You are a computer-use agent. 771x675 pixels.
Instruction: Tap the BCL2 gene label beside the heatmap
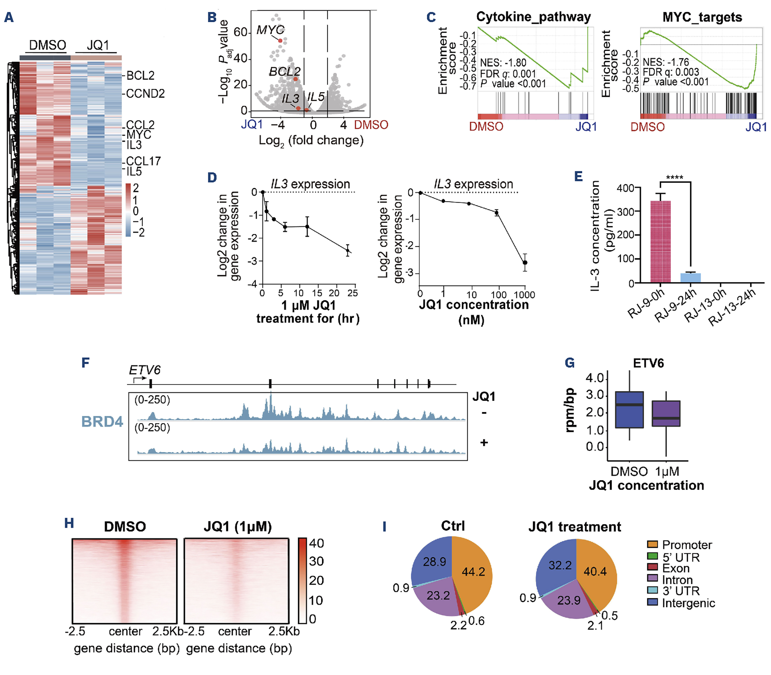click(x=140, y=76)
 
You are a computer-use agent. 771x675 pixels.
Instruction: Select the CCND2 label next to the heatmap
click(x=145, y=93)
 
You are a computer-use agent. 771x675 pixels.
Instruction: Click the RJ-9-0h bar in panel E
click(x=660, y=241)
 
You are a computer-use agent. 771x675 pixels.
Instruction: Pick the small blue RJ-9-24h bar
click(x=690, y=278)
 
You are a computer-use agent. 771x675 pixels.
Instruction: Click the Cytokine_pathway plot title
click(x=533, y=17)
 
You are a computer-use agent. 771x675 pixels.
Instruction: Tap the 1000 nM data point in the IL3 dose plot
click(x=525, y=262)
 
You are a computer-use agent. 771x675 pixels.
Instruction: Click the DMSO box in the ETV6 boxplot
click(x=629, y=409)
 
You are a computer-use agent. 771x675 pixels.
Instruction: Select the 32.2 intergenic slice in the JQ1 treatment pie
click(x=560, y=565)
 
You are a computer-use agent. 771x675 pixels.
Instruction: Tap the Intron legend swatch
click(x=652, y=578)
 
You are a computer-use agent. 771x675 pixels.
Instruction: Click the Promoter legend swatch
click(x=652, y=544)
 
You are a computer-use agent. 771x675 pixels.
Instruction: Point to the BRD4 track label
click(x=102, y=422)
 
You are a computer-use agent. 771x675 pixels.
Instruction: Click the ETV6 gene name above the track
click(x=144, y=370)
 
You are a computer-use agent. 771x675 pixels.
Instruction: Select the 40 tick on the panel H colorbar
click(x=316, y=543)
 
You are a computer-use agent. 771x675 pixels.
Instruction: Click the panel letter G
click(x=569, y=363)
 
